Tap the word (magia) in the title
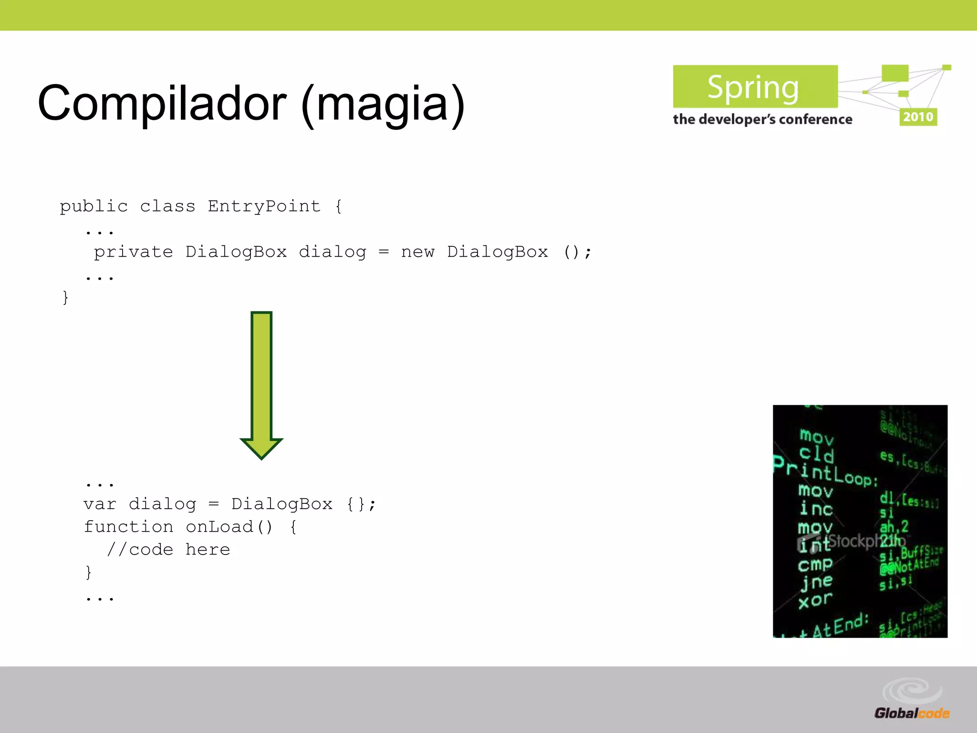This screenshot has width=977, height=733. point(383,104)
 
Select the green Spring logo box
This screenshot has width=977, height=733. point(755,87)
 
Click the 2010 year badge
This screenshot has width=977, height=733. point(918,117)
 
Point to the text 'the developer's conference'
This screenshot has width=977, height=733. point(762,119)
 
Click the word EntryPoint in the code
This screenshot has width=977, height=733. point(264,206)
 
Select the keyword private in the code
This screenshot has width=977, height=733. point(133,252)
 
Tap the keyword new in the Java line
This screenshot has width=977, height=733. point(417,252)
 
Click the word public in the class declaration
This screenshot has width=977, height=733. point(94,206)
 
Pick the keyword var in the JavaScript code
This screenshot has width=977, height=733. point(99,504)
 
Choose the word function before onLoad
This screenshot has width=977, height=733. point(128,527)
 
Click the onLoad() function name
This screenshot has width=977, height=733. point(229,527)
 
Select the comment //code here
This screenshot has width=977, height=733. point(168,550)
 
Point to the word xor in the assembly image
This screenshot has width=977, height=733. point(815,600)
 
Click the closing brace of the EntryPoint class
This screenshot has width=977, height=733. point(65,298)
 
